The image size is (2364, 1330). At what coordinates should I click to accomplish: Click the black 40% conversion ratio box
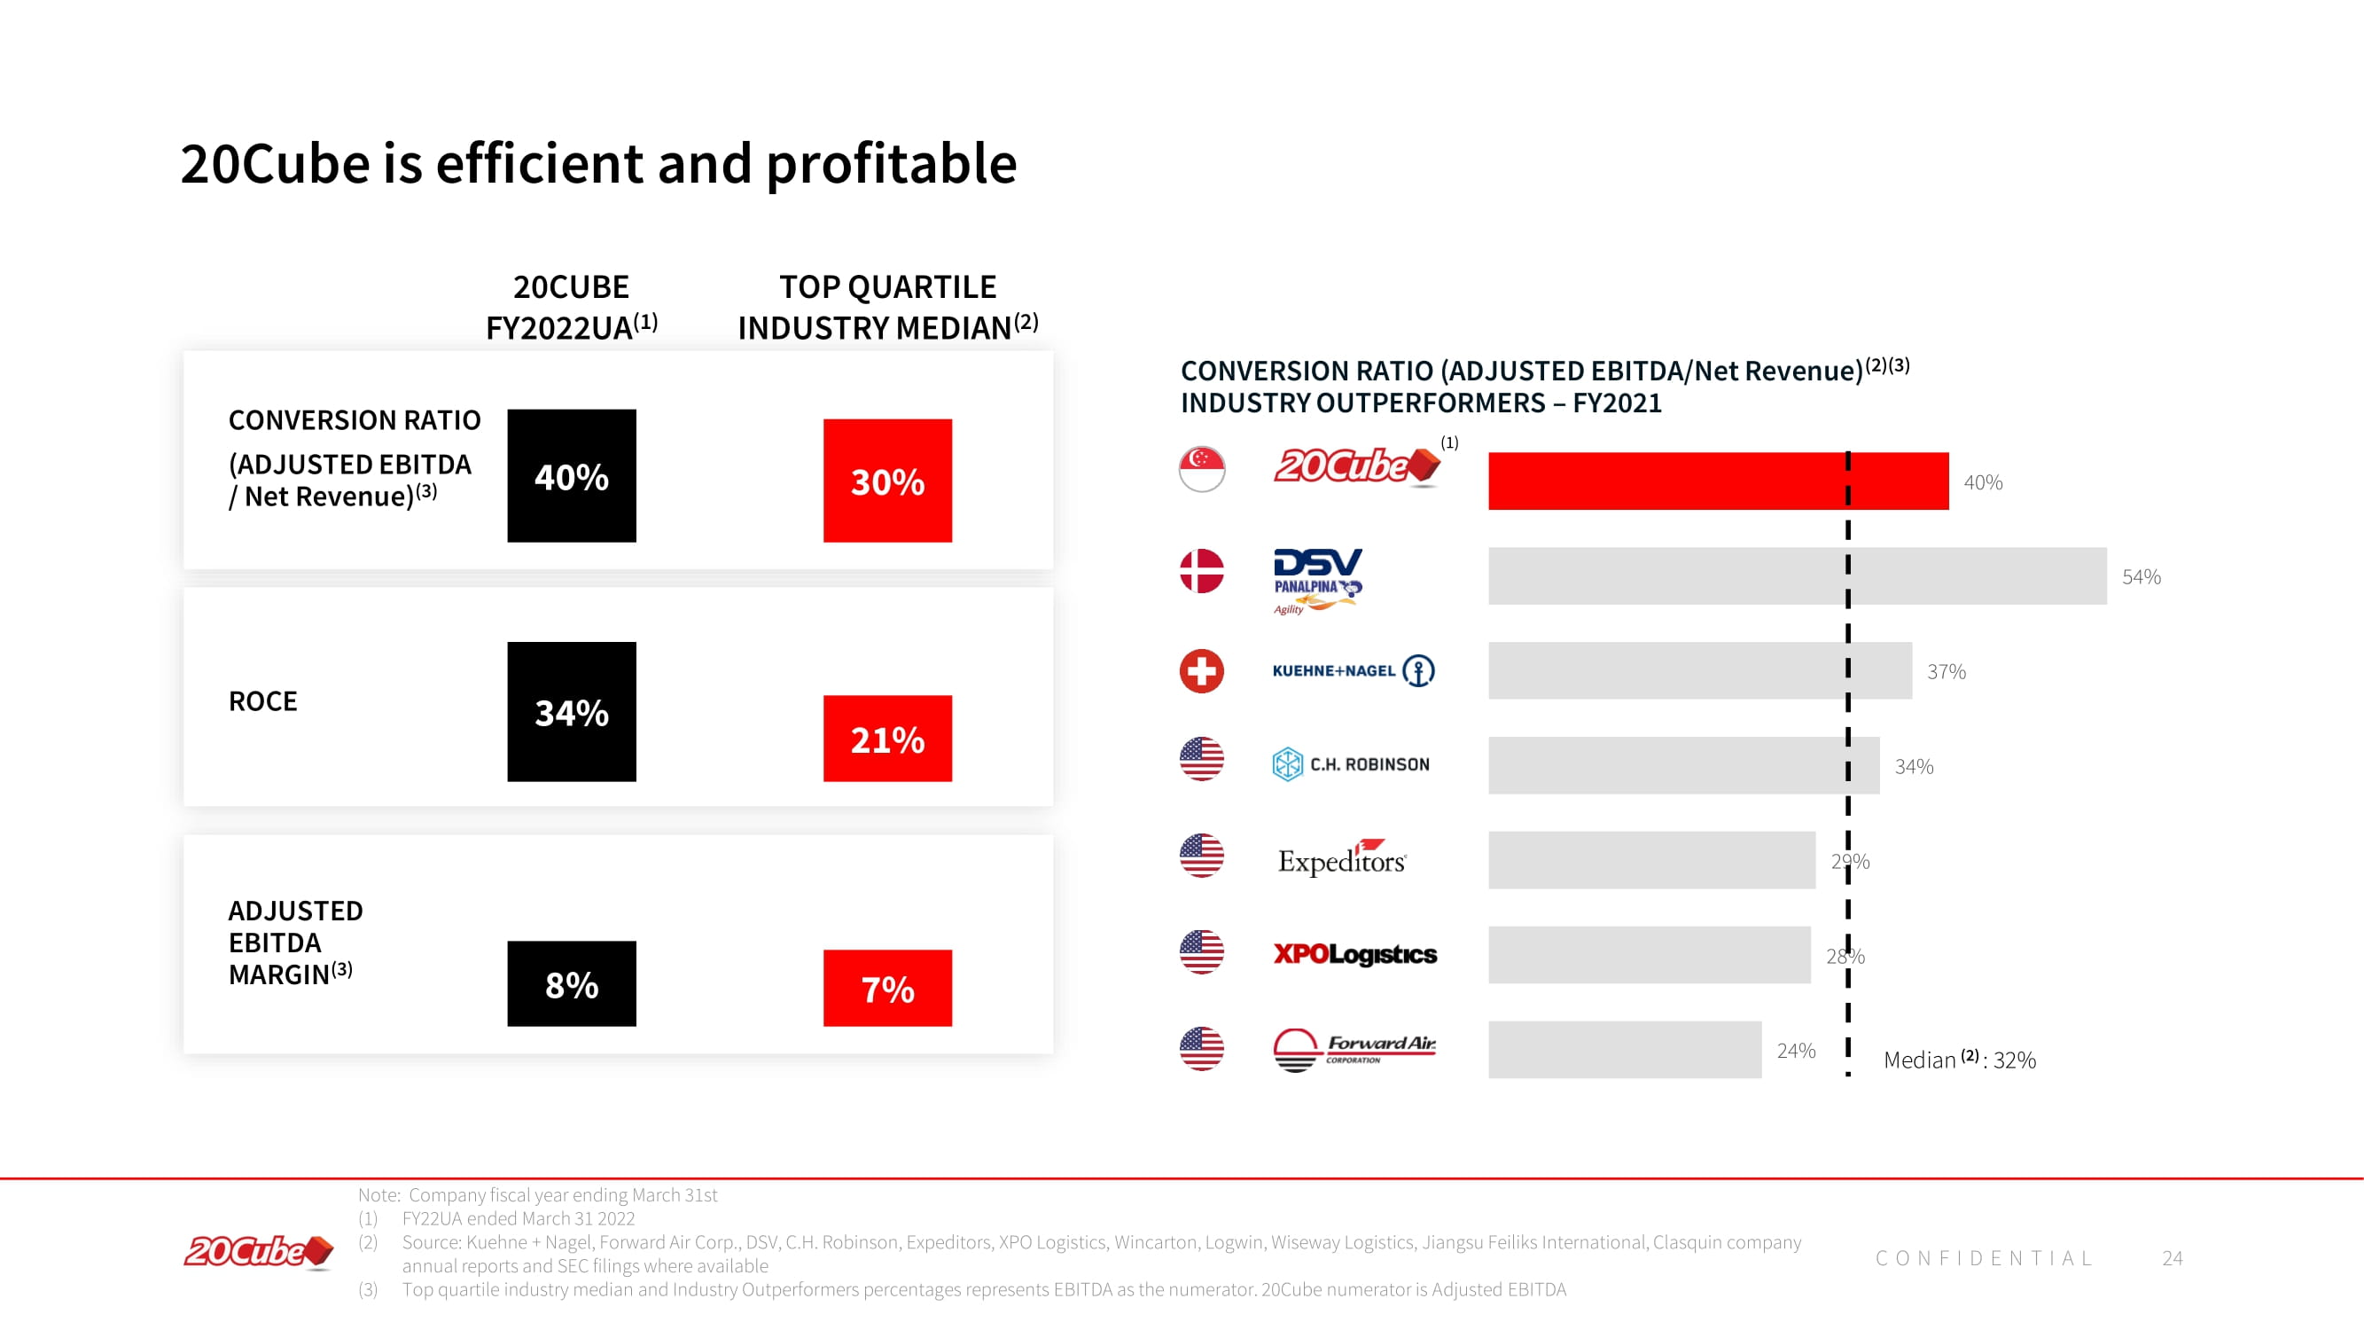[571, 475]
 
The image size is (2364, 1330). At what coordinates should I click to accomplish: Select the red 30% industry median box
[886, 480]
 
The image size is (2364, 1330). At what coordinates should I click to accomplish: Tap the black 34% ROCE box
[571, 711]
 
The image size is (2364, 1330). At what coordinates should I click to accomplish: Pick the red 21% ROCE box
[886, 738]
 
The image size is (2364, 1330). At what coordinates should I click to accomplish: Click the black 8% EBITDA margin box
[571, 983]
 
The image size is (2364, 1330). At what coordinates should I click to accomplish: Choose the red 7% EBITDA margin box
[886, 988]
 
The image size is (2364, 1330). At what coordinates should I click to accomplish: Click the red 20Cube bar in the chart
[1717, 480]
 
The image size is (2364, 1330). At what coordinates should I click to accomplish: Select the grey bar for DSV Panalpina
[1796, 575]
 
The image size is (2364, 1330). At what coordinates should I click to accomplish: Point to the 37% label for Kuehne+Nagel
[1946, 671]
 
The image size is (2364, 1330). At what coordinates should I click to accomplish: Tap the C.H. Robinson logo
[1350, 763]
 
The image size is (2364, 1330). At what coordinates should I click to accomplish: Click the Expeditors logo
[1342, 858]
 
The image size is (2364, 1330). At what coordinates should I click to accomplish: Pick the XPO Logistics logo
[1354, 954]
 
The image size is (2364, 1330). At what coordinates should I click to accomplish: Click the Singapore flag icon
[1201, 469]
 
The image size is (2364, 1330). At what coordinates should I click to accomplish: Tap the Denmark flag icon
[1201, 571]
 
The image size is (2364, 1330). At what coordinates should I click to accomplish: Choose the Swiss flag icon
[1201, 671]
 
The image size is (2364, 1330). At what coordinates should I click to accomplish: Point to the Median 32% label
[1958, 1060]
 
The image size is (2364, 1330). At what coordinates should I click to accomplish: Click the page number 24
[2172, 1257]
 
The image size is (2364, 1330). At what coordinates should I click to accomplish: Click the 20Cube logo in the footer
[258, 1252]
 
